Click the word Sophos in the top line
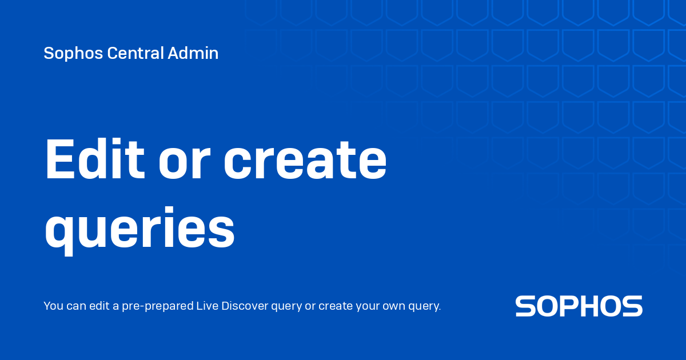[73, 54]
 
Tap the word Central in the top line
[135, 53]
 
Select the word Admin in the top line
[193, 53]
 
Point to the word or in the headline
[184, 164]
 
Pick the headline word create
[305, 160]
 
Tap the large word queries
[139, 228]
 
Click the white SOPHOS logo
[579, 306]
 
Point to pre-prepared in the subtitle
[158, 306]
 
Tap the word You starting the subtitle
[53, 306]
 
